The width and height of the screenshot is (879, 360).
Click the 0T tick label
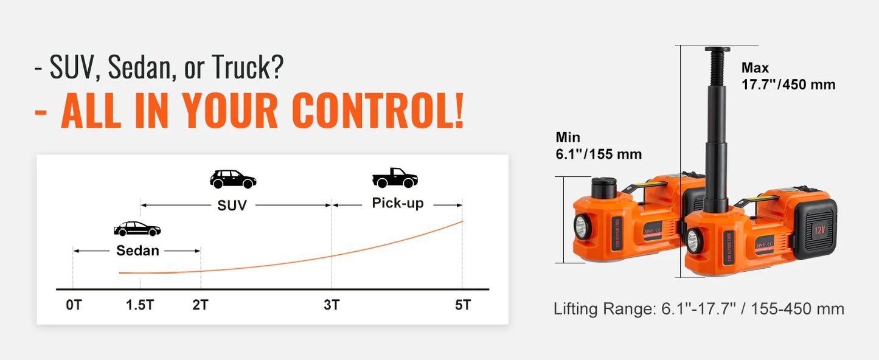coord(74,305)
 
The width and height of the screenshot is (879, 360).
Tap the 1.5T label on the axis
coord(140,305)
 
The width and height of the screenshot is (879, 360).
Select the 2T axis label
coord(200,305)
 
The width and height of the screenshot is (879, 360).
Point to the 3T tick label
coord(332,305)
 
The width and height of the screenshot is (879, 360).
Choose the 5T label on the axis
coord(463,305)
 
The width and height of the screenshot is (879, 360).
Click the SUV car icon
coord(233,179)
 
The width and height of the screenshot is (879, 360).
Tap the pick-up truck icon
coord(395,178)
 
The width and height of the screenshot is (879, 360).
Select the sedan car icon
coord(137,229)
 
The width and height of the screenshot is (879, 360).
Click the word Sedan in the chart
coord(137,251)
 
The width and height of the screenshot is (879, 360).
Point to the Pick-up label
coord(397,203)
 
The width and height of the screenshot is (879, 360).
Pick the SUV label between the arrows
coord(232,205)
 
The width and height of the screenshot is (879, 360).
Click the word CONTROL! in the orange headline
coord(378,111)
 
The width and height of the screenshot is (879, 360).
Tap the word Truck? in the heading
coord(247,67)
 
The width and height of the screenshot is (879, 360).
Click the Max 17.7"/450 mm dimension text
coord(788,76)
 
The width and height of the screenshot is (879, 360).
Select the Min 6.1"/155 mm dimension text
coord(599,145)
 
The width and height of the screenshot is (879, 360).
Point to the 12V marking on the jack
coord(819,230)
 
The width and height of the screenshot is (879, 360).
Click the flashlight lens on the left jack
coord(580,227)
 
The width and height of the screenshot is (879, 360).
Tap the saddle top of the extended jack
coord(717,50)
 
